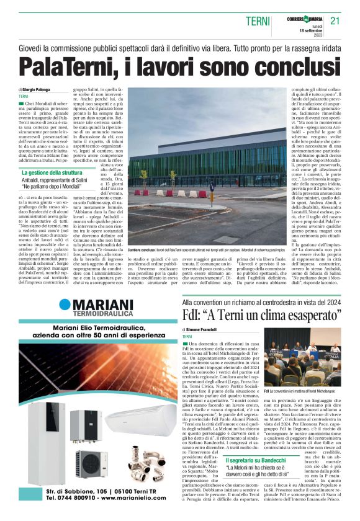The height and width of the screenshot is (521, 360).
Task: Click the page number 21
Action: pyautogui.click(x=335, y=21)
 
